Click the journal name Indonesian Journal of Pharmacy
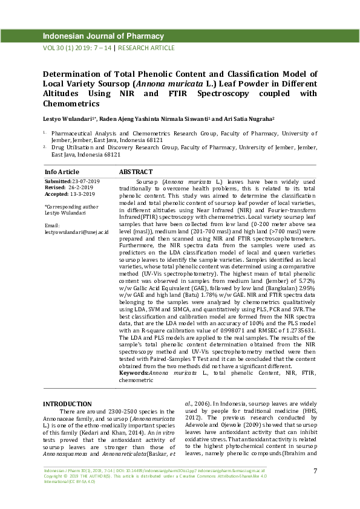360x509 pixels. pyautogui.click(x=103, y=36)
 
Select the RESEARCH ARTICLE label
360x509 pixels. pyautogui.click(x=146, y=48)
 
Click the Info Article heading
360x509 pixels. pyautogui.click(x=62, y=172)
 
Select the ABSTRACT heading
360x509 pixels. pyautogui.click(x=136, y=172)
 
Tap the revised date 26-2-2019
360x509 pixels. pyautogui.click(x=81, y=188)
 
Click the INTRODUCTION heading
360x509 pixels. pyautogui.click(x=67, y=404)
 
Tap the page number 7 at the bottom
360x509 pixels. pyautogui.click(x=315, y=471)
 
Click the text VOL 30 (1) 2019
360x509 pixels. pyautogui.click(x=67, y=48)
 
